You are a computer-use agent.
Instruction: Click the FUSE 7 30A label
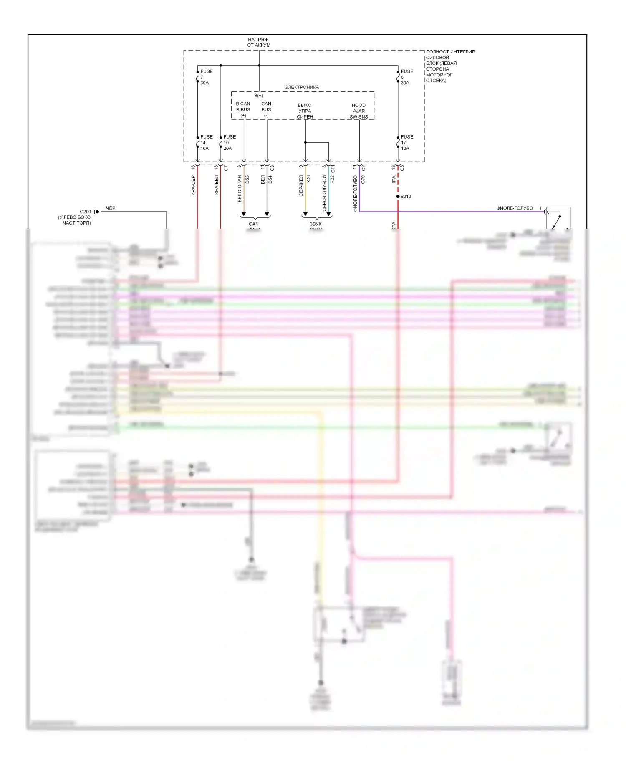pos(205,77)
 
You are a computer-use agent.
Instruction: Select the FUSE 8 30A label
pos(406,77)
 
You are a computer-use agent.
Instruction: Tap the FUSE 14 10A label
pos(205,143)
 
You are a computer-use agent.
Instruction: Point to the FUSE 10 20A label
pos(229,143)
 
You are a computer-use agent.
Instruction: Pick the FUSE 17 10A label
pos(406,143)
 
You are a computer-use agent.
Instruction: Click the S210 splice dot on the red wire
pos(398,197)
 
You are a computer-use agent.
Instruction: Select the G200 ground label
pos(85,212)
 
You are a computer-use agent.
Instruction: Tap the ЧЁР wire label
pos(111,208)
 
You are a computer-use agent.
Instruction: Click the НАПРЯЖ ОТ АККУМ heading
pos(259,43)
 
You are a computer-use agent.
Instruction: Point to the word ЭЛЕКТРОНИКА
pos(302,87)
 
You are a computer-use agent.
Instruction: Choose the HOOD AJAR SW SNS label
pos(358,111)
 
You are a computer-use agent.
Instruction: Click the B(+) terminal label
pos(258,96)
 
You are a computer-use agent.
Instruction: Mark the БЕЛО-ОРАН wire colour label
pos(240,189)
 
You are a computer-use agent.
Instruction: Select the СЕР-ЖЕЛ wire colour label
pos(301,186)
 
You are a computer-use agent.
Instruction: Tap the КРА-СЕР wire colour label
pos(193,185)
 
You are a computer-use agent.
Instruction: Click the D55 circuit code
pos(247,180)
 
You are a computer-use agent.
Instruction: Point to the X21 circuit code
pos(309,179)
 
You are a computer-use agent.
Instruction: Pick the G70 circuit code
pos(363,179)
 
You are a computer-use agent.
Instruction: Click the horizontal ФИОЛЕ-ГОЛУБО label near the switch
pos(514,208)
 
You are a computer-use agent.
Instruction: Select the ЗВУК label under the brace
pos(316,224)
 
